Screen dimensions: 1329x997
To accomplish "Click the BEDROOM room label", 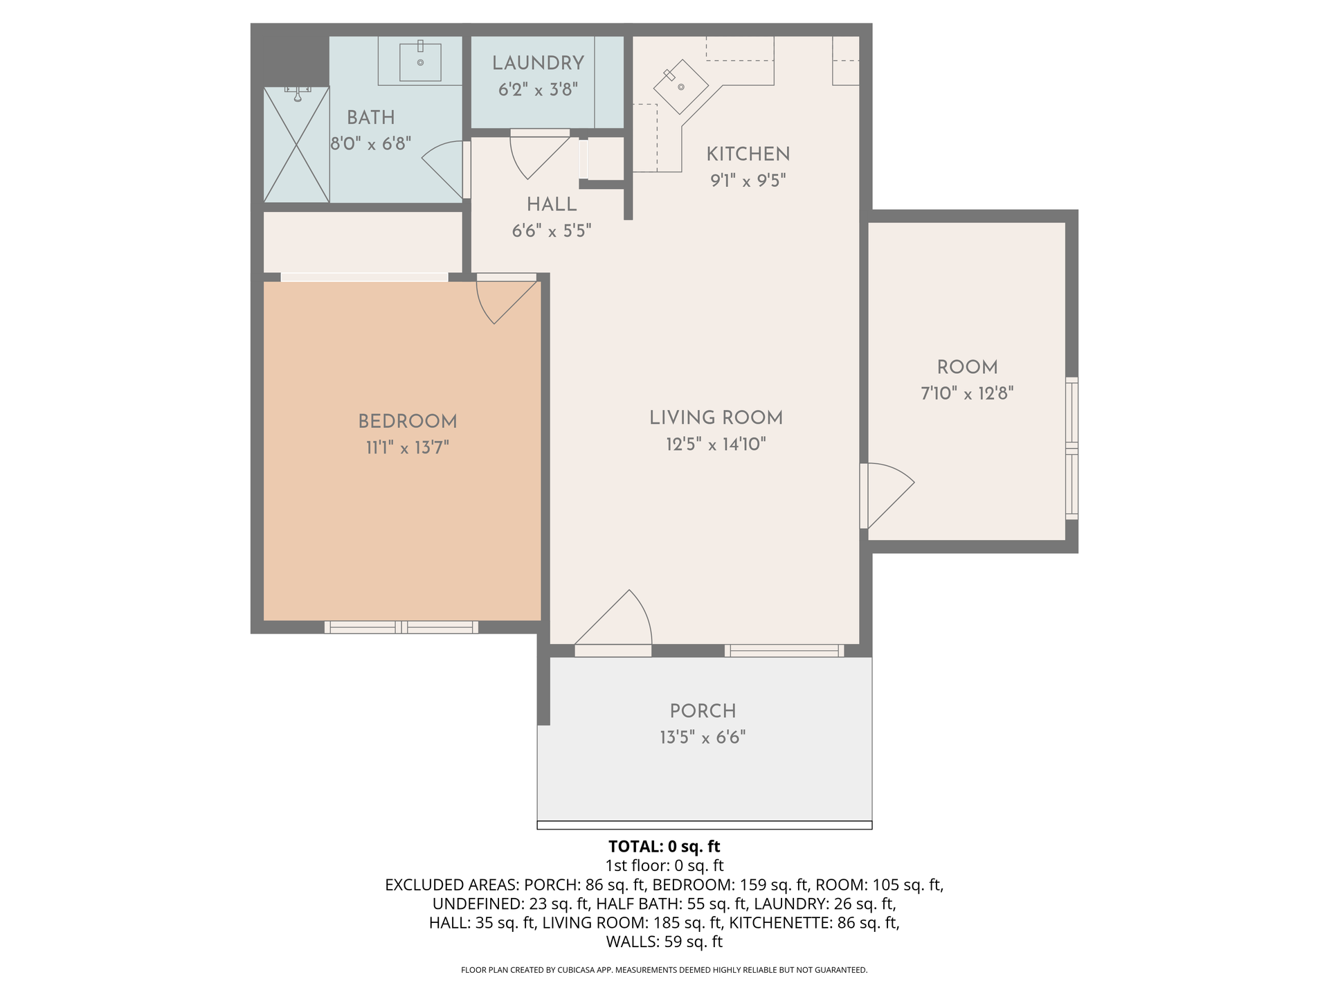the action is [407, 421].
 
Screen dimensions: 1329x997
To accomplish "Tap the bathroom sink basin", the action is [420, 62].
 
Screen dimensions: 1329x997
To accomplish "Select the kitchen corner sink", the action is [681, 86].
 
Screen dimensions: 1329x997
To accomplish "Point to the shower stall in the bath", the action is [296, 145].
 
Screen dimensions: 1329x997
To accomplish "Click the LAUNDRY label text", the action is [538, 63].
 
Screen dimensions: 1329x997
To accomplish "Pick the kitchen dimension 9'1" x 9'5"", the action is [748, 181].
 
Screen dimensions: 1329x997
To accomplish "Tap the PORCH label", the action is [703, 711].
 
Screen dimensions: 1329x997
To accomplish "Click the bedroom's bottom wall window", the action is [401, 627].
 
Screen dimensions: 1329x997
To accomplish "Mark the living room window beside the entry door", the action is [784, 651].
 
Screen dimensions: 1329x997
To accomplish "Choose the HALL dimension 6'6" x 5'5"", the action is [552, 231].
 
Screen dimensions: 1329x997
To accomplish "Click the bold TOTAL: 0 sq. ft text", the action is [664, 846].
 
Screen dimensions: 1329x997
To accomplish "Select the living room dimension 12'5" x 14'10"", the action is [716, 444].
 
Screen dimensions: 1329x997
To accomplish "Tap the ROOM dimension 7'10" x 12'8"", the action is [967, 394].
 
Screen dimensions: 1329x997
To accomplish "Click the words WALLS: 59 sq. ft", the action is [664, 942].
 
